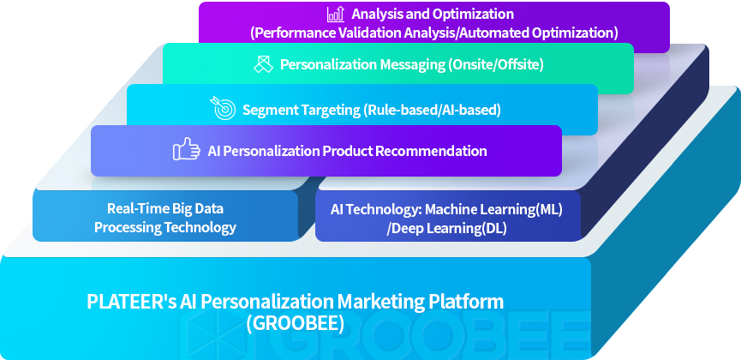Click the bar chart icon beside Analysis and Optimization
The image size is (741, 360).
(336, 15)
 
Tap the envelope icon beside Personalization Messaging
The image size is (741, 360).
(263, 64)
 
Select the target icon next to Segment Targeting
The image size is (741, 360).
(223, 108)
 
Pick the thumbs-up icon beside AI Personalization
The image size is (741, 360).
(186, 149)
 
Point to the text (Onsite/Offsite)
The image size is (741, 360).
(496, 64)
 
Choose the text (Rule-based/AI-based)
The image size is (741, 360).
(432, 111)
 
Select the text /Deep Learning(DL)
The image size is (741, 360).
(446, 229)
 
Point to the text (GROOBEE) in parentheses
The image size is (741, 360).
(296, 323)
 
